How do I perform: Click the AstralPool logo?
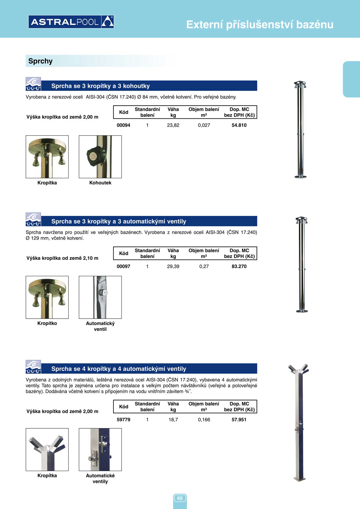pyautogui.click(x=71, y=22)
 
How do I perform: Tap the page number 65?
pyautogui.click(x=180, y=498)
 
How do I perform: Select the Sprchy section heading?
pyautogui.click(x=40, y=61)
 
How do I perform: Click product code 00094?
pyautogui.click(x=123, y=125)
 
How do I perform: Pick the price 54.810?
pyautogui.click(x=239, y=125)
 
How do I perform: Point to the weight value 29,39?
pyautogui.click(x=173, y=266)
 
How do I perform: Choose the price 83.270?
pyautogui.click(x=239, y=266)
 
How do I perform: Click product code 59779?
pyautogui.click(x=123, y=420)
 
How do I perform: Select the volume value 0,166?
pyautogui.click(x=204, y=420)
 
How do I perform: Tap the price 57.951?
pyautogui.click(x=239, y=420)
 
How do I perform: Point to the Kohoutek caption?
pyautogui.click(x=100, y=183)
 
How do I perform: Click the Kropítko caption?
pyautogui.click(x=47, y=323)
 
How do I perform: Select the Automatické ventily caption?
pyautogui.click(x=100, y=479)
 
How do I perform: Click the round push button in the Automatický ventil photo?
pyautogui.click(x=104, y=293)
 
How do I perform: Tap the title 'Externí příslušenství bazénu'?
pyautogui.click(x=260, y=25)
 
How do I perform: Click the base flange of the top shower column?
pyautogui.click(x=300, y=176)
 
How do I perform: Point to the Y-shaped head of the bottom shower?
pyautogui.click(x=299, y=369)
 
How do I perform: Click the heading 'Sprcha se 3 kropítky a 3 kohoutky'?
pyautogui.click(x=100, y=86)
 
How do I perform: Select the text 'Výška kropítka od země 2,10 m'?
pyautogui.click(x=62, y=258)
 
